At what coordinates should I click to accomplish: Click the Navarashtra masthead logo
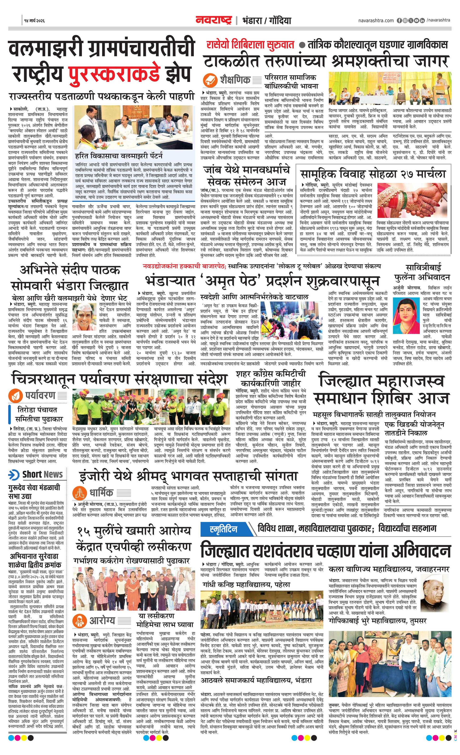click(214, 20)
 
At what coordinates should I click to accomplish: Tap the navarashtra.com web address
click(376, 20)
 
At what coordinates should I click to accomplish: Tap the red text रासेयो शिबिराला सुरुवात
click(250, 45)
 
